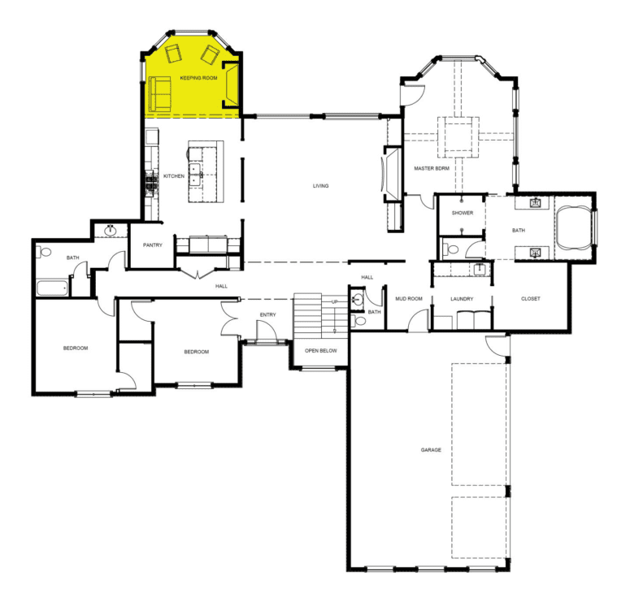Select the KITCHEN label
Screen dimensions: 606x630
point(174,176)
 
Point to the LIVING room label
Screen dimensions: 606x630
point(321,186)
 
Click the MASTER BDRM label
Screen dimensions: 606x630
point(431,168)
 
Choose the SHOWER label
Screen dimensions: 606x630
point(463,212)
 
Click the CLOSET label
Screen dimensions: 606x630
point(531,298)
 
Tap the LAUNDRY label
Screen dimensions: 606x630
point(462,298)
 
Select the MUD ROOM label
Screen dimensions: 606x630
point(409,298)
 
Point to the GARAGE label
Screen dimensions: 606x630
point(431,449)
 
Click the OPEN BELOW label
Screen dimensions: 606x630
point(319,351)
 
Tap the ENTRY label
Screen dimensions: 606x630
point(268,314)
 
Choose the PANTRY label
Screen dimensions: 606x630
point(154,245)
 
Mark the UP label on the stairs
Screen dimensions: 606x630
point(334,302)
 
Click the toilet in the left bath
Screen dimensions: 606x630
point(45,252)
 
